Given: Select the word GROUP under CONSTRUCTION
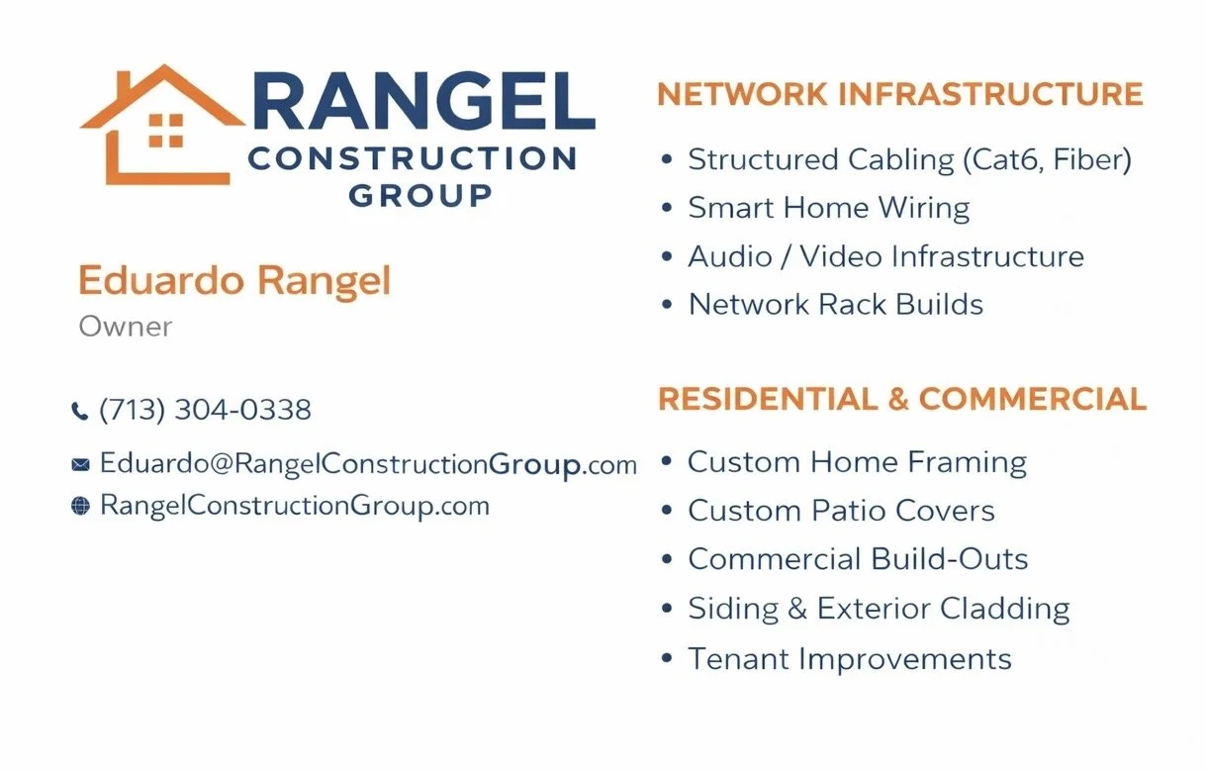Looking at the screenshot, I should (x=419, y=195).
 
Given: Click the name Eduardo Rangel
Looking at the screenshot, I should (x=234, y=281).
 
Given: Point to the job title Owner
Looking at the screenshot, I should (x=125, y=327).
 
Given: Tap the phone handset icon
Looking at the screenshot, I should (x=80, y=411).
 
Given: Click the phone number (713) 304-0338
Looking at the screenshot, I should (x=205, y=410).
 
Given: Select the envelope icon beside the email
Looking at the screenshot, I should (x=80, y=464).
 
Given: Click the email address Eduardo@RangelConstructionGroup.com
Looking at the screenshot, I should (x=368, y=464).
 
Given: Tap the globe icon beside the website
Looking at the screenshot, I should (x=80, y=507).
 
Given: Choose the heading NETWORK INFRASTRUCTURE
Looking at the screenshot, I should (x=899, y=95).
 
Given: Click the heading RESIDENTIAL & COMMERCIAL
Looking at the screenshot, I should (x=901, y=399).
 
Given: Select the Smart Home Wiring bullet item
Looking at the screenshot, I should (x=828, y=208).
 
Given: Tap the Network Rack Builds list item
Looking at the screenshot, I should (x=835, y=304).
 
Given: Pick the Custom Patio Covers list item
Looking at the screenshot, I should (x=841, y=511).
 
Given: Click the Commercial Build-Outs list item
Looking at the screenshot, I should (x=858, y=559).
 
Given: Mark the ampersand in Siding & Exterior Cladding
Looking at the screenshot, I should (x=797, y=609).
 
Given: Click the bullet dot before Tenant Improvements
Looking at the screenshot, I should (x=668, y=657).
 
